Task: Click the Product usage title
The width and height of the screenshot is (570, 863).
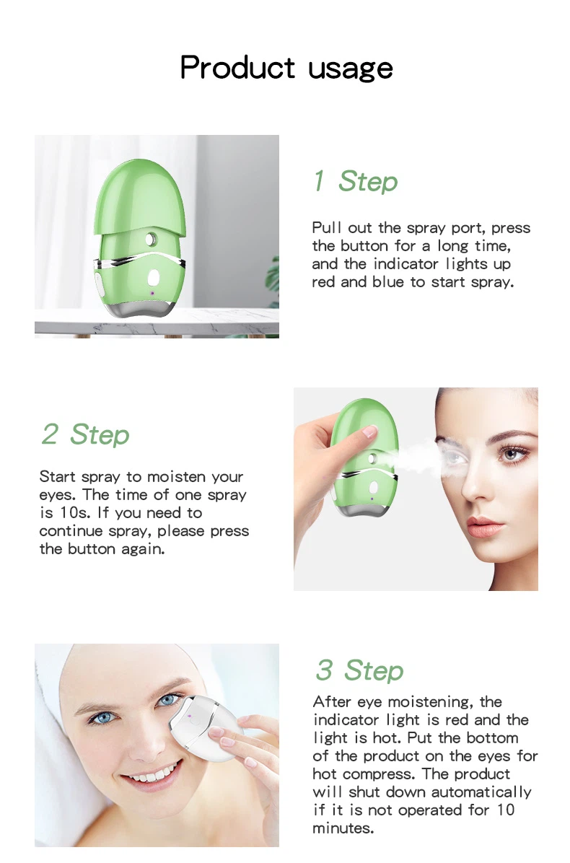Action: (x=286, y=68)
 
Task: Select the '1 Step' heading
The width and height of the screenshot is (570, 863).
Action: (x=354, y=181)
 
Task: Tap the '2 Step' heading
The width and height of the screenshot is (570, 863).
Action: (x=85, y=434)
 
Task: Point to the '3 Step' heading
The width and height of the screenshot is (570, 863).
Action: (x=359, y=670)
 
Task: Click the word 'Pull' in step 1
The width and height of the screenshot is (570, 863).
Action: (x=327, y=228)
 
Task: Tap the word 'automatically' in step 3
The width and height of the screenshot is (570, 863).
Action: (x=481, y=792)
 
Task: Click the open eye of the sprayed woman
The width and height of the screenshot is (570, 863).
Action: (x=511, y=455)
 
